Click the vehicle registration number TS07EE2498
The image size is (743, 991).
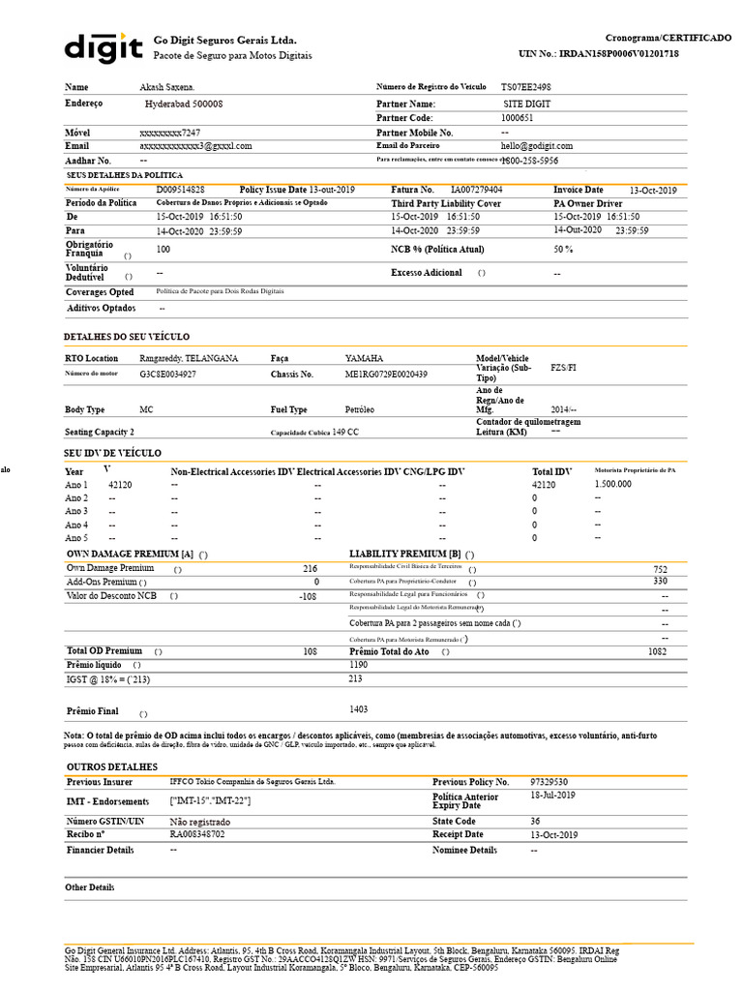pos(526,87)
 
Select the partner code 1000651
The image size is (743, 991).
pos(518,117)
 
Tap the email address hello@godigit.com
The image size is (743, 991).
pos(537,145)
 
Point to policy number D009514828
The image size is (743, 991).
pos(181,190)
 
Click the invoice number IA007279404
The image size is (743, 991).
pos(477,191)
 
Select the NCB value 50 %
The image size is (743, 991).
pos(563,249)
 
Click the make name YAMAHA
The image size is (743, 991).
pos(364,358)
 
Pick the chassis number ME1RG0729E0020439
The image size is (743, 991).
pos(387,374)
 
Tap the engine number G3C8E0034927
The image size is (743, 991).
pos(168,374)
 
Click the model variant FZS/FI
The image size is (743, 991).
pos(563,369)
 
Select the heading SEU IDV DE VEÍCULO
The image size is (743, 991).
pos(112,453)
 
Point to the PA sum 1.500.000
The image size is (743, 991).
pos(613,484)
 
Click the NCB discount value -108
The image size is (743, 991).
pos(309,596)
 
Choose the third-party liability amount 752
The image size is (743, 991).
pos(661,570)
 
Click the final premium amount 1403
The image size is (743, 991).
pos(359,709)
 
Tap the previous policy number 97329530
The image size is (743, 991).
pos(550,781)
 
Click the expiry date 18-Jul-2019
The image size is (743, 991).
pos(552,795)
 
